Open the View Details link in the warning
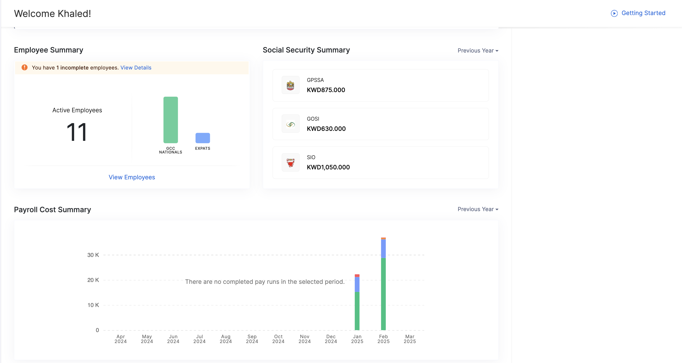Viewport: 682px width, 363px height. tap(136, 68)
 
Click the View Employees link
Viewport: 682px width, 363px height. tap(132, 177)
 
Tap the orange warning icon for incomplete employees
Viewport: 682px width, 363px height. tap(25, 67)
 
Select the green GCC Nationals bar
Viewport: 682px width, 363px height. tap(170, 120)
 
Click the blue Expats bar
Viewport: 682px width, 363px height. tap(203, 138)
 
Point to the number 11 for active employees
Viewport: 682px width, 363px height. tap(77, 132)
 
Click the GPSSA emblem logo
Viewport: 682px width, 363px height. tap(290, 85)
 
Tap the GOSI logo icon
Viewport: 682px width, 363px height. tap(290, 124)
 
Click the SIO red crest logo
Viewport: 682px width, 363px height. tap(290, 163)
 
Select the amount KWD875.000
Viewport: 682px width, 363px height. tap(326, 90)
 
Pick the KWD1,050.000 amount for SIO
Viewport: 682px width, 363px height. tap(328, 167)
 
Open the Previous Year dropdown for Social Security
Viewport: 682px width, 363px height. tap(478, 51)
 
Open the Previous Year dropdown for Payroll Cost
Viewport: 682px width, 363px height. tap(478, 209)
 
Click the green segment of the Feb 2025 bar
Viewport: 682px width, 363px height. tap(383, 294)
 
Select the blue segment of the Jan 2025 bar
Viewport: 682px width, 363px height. tap(357, 284)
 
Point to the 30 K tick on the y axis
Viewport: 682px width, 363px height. tap(93, 255)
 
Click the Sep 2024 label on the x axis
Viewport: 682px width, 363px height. tap(252, 339)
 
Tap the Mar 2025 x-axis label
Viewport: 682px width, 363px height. tap(410, 339)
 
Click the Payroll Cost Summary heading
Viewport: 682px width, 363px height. tap(53, 210)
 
